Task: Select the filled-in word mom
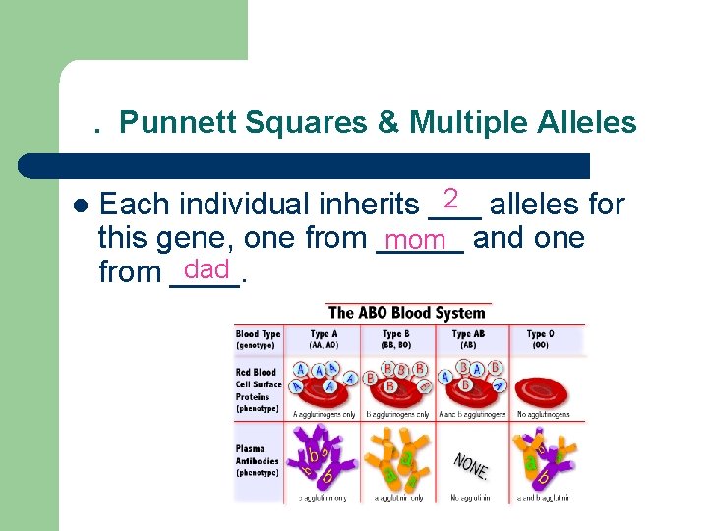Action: click(x=417, y=240)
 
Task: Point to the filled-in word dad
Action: click(x=206, y=269)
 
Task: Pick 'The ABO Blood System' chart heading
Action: click(x=406, y=313)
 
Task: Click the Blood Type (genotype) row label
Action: click(x=258, y=339)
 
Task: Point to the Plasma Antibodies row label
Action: click(x=258, y=460)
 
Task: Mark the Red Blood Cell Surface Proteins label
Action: click(x=259, y=389)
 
